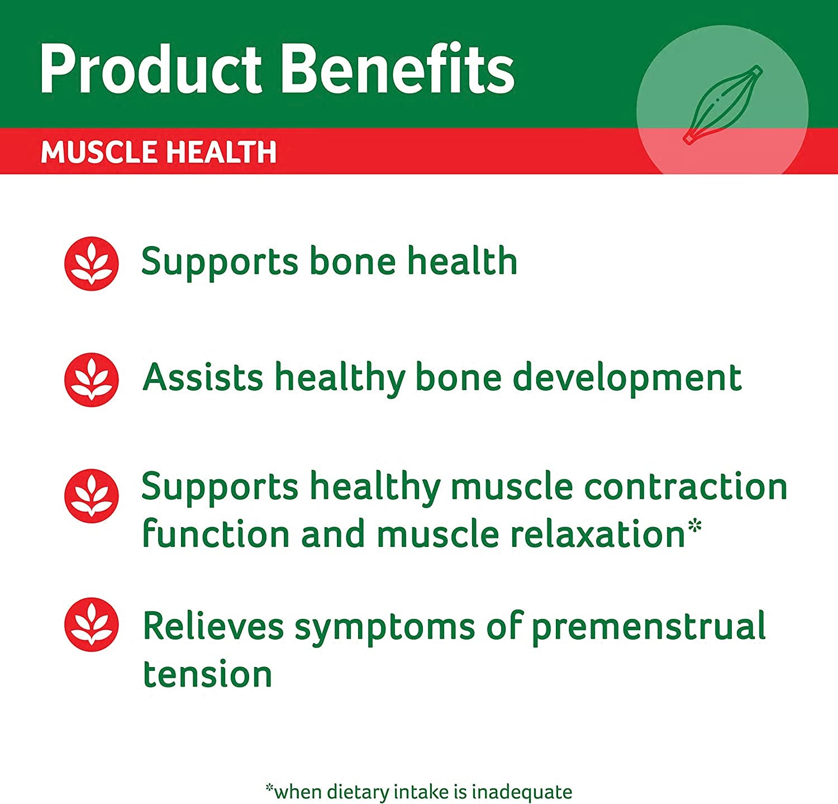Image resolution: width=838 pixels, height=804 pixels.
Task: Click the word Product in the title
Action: (x=151, y=70)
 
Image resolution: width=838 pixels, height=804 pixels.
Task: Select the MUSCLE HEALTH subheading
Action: (x=159, y=152)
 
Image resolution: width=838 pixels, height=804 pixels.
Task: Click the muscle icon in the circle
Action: (x=722, y=105)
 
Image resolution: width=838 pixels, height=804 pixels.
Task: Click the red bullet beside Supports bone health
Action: (x=92, y=263)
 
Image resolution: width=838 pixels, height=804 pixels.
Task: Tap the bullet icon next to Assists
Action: (x=92, y=379)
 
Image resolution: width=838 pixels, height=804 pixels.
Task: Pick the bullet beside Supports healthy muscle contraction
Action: (x=92, y=495)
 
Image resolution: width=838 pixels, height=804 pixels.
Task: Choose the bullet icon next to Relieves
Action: (x=92, y=625)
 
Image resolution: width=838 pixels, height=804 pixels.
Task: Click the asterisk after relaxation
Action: (x=694, y=526)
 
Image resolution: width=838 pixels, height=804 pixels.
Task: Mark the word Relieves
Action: (x=213, y=626)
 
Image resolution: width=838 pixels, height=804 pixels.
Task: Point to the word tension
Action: (x=207, y=674)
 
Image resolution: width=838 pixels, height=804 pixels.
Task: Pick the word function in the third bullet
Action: (x=216, y=535)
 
